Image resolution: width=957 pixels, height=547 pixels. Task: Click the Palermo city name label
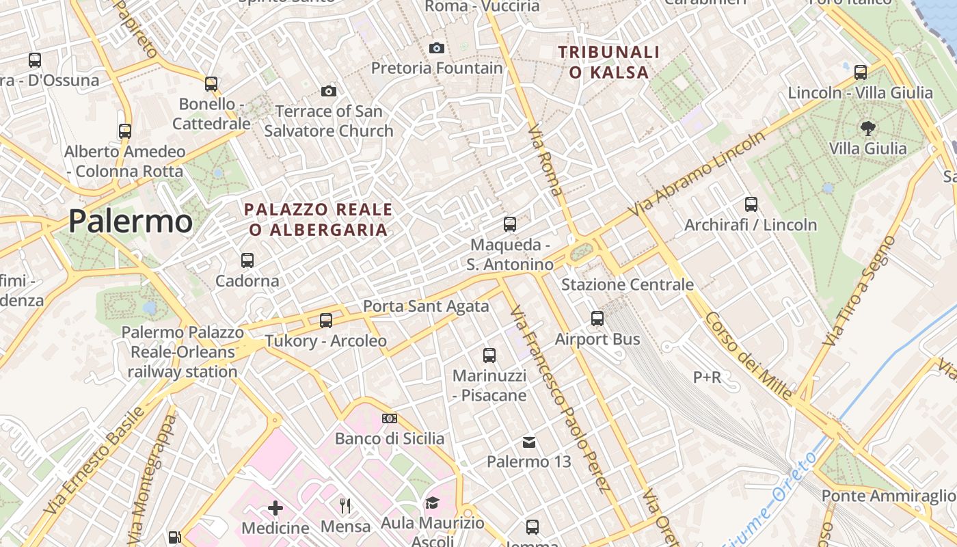[x=130, y=221]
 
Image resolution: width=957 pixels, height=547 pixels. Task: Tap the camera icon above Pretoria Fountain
[x=436, y=48]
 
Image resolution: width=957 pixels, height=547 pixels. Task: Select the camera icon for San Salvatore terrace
[x=328, y=91]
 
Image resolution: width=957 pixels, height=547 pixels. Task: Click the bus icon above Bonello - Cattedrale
[x=211, y=84]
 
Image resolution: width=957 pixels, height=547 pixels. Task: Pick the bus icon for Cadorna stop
[x=247, y=261]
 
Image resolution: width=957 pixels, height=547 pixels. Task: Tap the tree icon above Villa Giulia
[x=867, y=128]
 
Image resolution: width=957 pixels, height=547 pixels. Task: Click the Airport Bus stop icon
[x=597, y=319]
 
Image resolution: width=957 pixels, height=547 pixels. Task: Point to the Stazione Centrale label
[x=627, y=284]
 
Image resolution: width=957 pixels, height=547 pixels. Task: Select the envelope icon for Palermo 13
[x=529, y=442]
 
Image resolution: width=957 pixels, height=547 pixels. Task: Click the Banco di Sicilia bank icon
[x=390, y=418]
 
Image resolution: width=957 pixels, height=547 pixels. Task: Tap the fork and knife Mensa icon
[x=345, y=506]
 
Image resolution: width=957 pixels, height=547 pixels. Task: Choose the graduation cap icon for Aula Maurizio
[x=432, y=503]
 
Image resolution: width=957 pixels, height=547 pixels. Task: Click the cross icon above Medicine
[x=275, y=508]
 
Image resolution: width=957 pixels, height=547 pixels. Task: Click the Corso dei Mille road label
[x=749, y=356]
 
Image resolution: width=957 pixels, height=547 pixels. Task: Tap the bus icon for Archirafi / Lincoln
[x=751, y=204]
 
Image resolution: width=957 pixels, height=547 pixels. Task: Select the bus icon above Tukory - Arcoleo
[x=326, y=320]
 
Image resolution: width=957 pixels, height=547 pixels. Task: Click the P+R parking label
[x=707, y=377]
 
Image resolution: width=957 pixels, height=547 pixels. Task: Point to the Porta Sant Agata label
[x=426, y=306]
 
